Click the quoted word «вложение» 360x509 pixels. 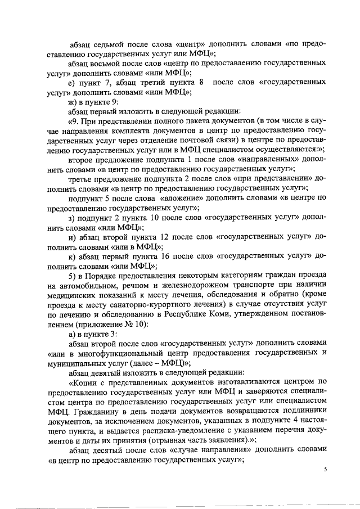click(x=181, y=197)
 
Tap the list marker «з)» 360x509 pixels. click(x=71, y=217)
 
